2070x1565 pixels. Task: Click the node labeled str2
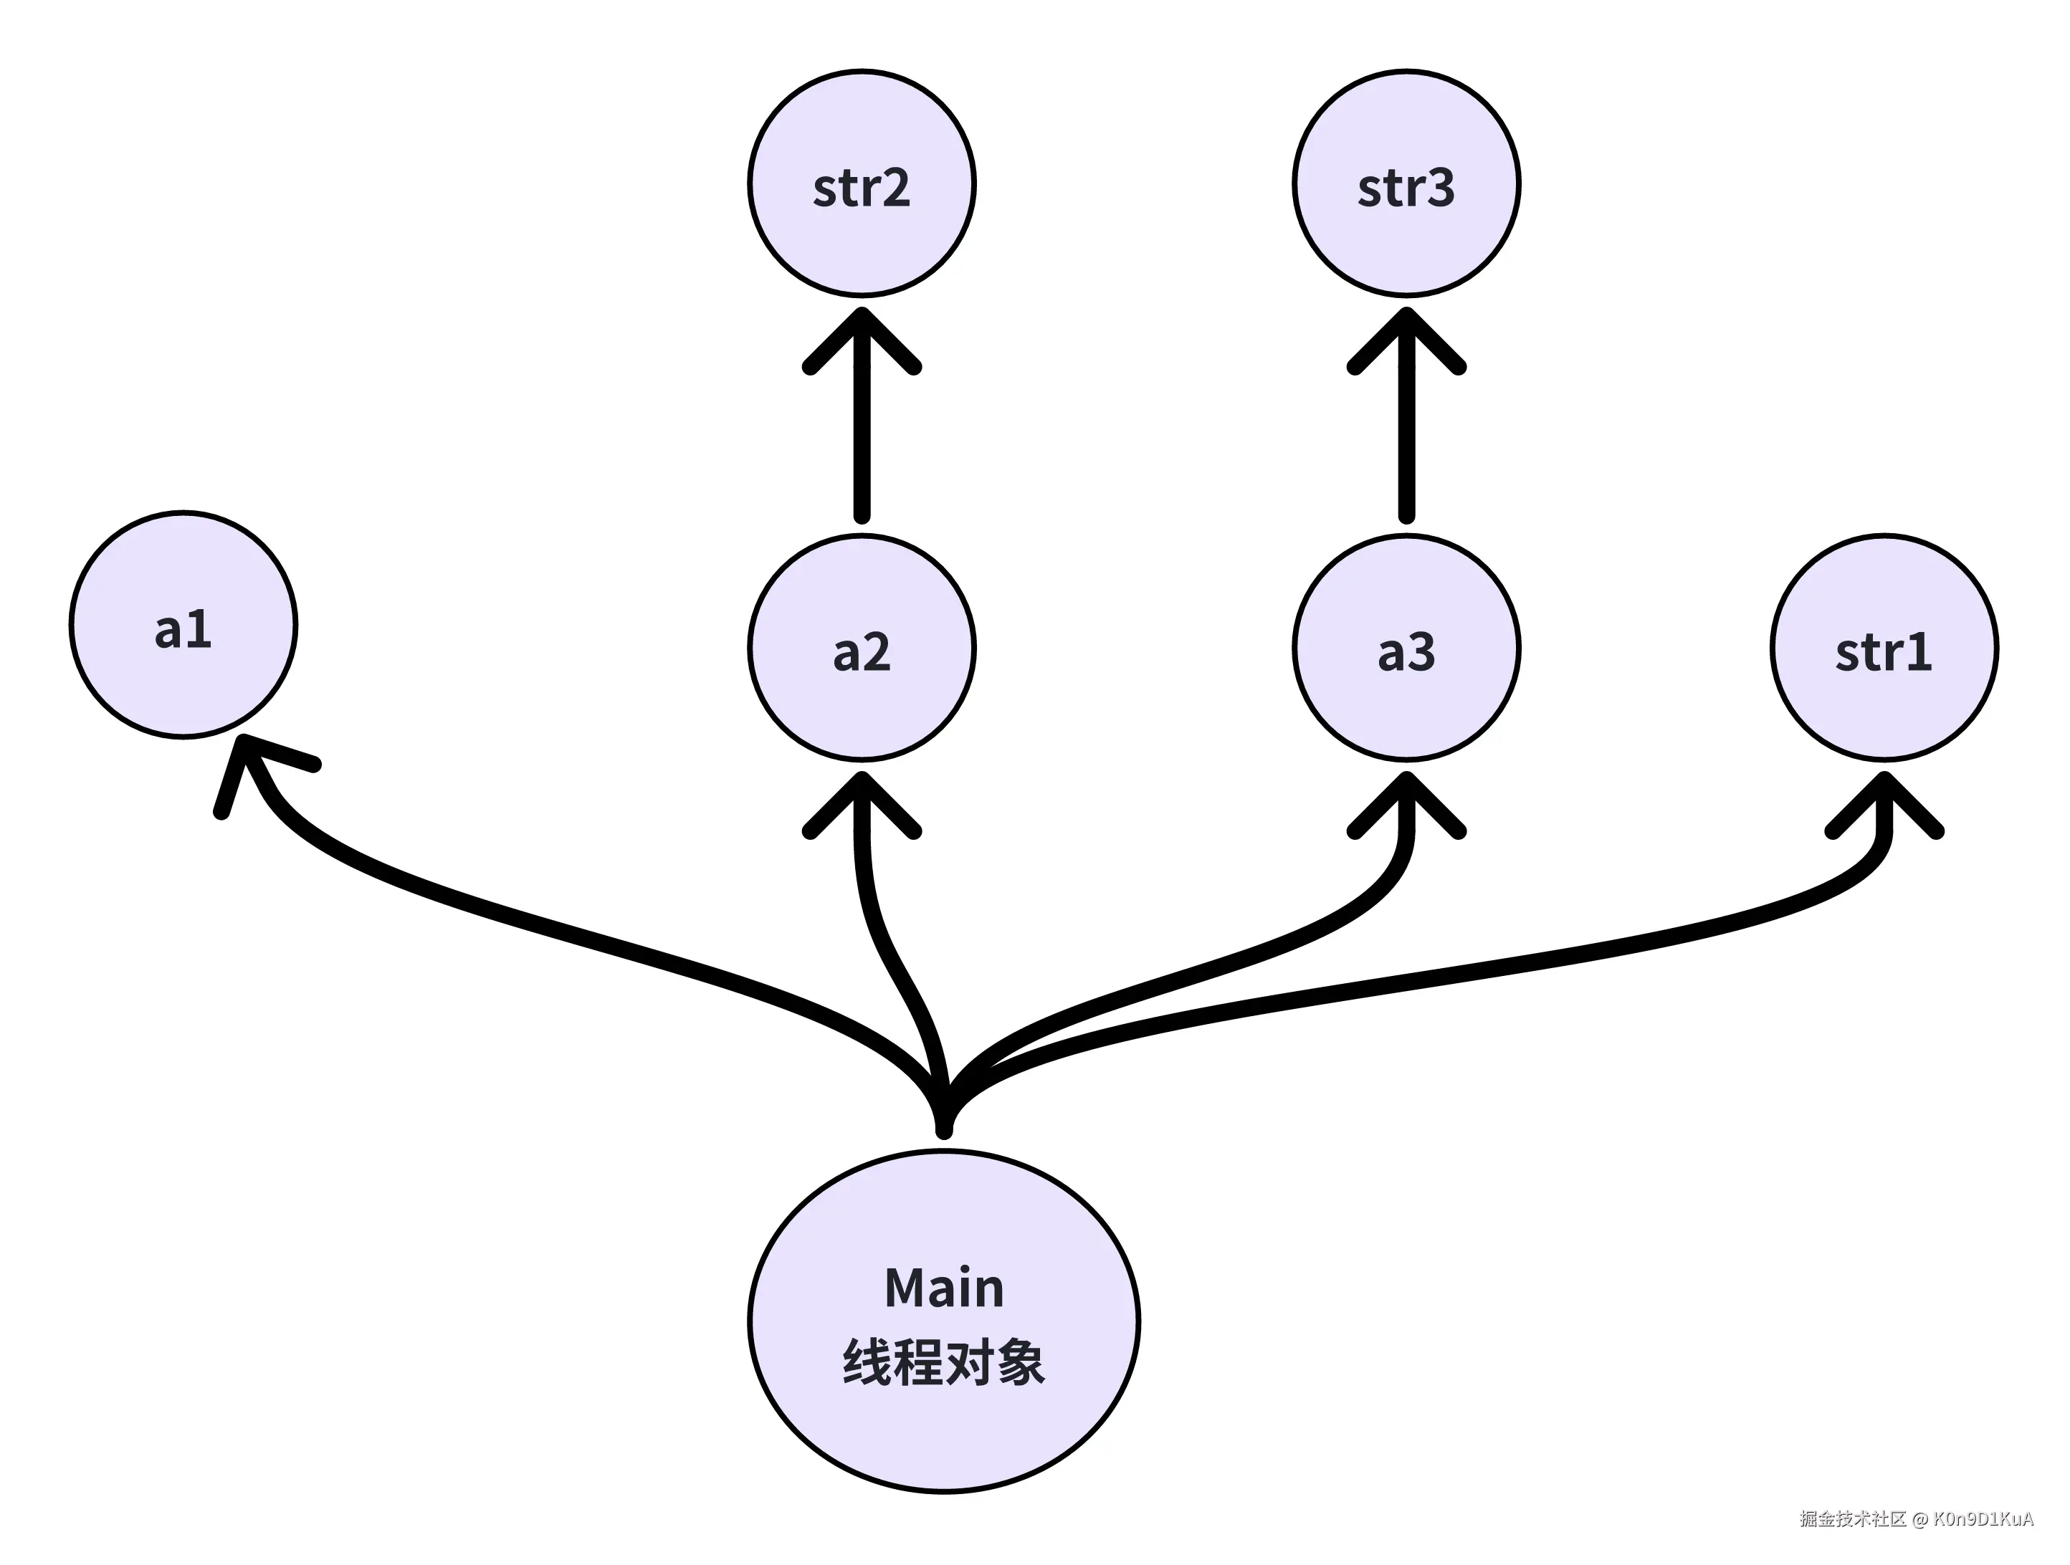(x=862, y=183)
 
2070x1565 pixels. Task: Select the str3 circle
(x=1406, y=183)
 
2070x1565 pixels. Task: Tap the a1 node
(x=183, y=625)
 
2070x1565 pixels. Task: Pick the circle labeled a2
(x=862, y=647)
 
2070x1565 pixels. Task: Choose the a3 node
(x=1406, y=647)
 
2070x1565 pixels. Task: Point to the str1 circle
(x=1884, y=647)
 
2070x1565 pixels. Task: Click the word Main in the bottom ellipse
(x=943, y=1288)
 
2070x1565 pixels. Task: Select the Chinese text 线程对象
(x=943, y=1363)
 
